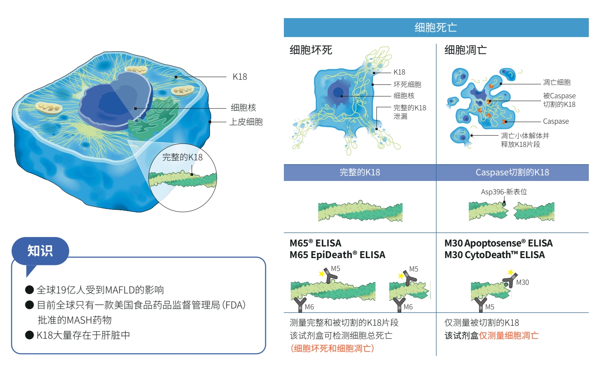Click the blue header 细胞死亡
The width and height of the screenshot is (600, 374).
[x=436, y=28]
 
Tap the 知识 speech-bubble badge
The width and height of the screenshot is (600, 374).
[x=40, y=251]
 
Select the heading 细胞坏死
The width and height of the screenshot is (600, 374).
[x=311, y=50]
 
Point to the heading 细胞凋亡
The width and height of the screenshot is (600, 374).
[x=465, y=50]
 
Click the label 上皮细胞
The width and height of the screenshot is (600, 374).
[x=246, y=122]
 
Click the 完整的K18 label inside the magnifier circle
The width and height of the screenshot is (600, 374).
[x=182, y=157]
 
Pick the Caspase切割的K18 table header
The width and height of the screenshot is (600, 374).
[x=512, y=172]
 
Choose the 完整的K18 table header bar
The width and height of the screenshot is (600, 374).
[x=360, y=172]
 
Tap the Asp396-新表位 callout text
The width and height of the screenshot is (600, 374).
[x=504, y=192]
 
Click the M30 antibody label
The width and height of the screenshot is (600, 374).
[x=522, y=283]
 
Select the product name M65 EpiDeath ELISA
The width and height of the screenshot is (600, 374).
[x=338, y=255]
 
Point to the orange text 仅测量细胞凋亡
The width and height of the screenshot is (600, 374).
[x=509, y=335]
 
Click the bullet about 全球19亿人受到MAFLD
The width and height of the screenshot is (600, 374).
[x=100, y=290]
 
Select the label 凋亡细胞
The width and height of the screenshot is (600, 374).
[x=557, y=82]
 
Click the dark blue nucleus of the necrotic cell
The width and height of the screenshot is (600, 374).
[x=338, y=93]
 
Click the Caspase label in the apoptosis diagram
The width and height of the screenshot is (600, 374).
[x=556, y=122]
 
